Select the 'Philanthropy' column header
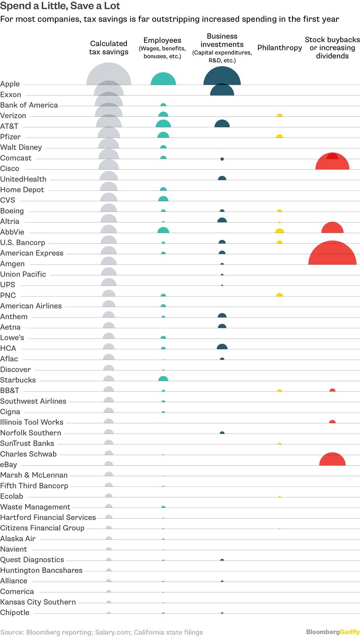coord(279,48)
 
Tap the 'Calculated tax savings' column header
coord(109,48)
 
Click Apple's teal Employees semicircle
coord(163,80)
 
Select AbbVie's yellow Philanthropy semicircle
coord(279,231)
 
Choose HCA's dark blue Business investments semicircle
coord(222,347)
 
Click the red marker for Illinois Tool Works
coord(332,422)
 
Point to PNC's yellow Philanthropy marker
coord(279,295)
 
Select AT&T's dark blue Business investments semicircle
coord(222,124)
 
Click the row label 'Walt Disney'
coord(21,147)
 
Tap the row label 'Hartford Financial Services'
coord(48,517)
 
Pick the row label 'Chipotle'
coord(15,612)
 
